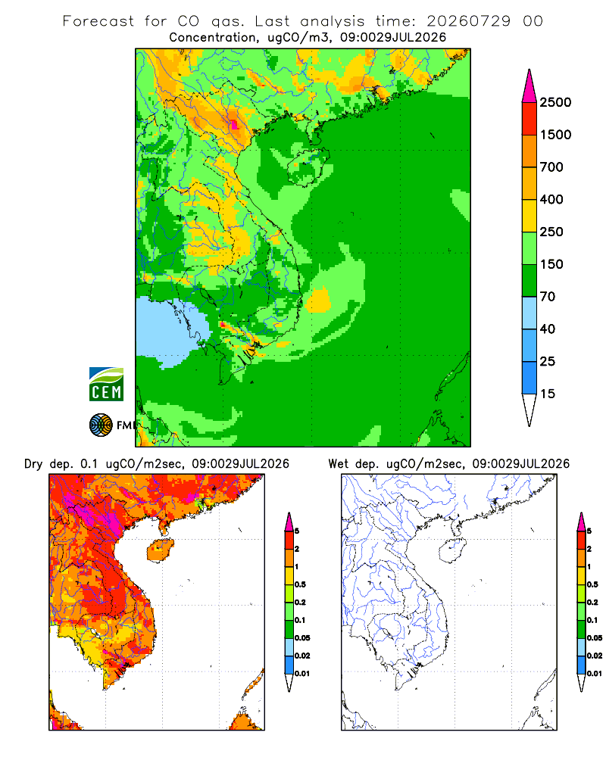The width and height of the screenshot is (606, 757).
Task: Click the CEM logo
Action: (x=106, y=385)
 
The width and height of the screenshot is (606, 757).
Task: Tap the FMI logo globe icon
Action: (x=101, y=425)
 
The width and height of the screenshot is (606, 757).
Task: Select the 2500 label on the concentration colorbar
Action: (x=555, y=102)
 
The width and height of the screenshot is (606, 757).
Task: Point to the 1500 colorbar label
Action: (x=555, y=135)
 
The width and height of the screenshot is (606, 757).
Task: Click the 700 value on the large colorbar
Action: (x=551, y=167)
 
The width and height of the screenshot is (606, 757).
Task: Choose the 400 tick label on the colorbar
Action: (x=551, y=199)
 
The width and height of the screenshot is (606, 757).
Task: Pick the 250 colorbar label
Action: (x=551, y=232)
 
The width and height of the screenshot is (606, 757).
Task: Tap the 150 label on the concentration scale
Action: (x=551, y=264)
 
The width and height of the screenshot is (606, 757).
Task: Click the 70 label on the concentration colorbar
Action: (x=548, y=297)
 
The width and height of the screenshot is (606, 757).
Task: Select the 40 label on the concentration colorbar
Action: (x=548, y=329)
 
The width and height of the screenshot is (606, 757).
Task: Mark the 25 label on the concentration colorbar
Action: (x=548, y=361)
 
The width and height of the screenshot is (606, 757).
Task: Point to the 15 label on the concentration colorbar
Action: (x=548, y=394)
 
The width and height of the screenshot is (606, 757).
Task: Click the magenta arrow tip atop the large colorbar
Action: (x=529, y=70)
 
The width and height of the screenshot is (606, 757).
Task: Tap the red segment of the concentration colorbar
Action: (x=529, y=119)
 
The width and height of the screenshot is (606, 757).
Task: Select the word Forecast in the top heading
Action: (x=98, y=21)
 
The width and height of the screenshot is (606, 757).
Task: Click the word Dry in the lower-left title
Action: (x=33, y=465)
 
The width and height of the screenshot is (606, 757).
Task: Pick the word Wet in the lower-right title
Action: (x=339, y=464)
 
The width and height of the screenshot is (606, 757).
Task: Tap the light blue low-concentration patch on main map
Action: (x=171, y=329)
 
